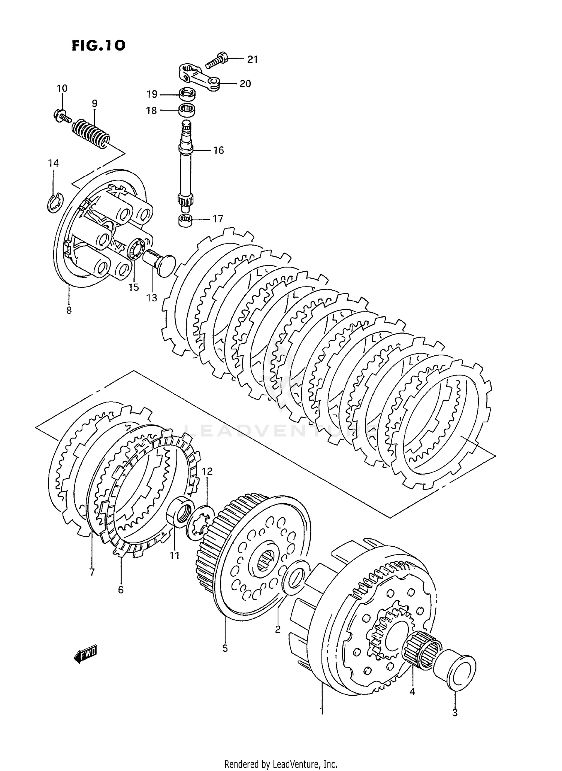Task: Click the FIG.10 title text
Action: coord(98,45)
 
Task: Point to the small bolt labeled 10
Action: coord(61,114)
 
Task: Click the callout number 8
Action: coord(69,310)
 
